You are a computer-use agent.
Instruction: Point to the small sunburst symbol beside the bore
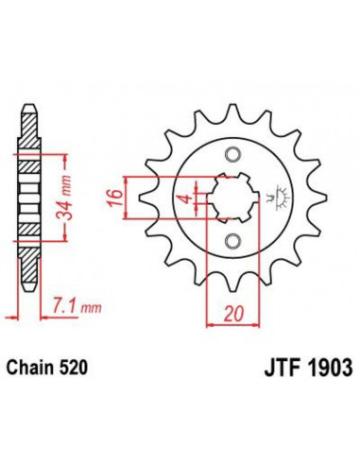[277, 199]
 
